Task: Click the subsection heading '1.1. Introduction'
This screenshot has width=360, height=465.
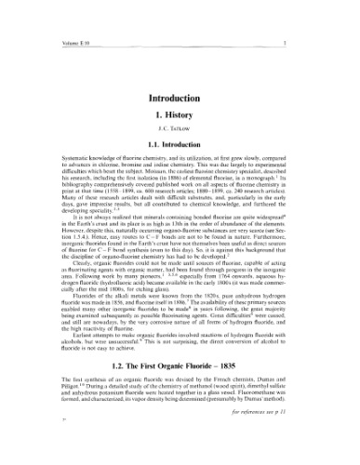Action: (179, 136)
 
